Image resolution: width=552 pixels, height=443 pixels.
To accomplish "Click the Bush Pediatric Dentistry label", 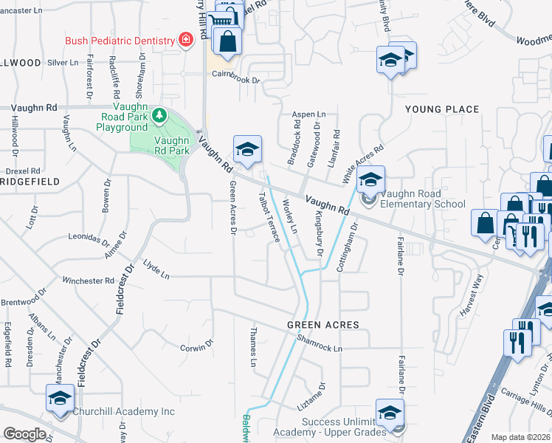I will tap(119, 40).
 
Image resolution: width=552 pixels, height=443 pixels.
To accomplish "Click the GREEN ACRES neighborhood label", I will tap(323, 325).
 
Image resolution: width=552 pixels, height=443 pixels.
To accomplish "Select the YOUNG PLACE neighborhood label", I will tap(442, 109).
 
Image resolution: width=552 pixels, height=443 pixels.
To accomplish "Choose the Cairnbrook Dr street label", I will tap(237, 77).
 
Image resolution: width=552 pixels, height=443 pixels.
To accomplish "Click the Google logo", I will tap(24, 434).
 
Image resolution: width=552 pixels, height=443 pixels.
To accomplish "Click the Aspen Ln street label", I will tap(309, 115).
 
